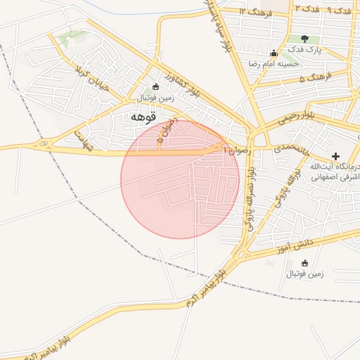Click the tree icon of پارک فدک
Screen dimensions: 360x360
tap(304, 39)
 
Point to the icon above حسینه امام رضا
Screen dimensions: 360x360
tap(273, 53)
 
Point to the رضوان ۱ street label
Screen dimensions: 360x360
tap(236, 150)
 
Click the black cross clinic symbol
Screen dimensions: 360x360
tap(335, 155)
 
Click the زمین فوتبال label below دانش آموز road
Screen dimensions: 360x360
tap(304, 274)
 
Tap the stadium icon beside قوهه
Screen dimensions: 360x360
tap(155, 87)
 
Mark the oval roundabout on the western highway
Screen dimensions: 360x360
tap(45, 145)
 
